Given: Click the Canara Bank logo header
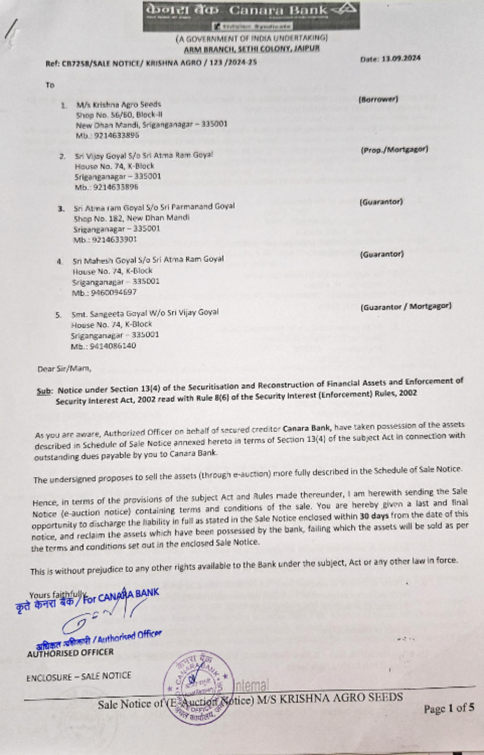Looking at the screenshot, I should click(x=251, y=15).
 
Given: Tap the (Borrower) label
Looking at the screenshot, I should click(x=378, y=99).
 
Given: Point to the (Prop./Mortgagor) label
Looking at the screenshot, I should click(x=394, y=150).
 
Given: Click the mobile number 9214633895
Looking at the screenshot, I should click(x=107, y=136).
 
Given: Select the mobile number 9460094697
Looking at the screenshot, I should click(x=105, y=293).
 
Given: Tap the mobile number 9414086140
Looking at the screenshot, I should click(x=104, y=346).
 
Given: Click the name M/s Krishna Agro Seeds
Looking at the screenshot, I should click(x=119, y=104).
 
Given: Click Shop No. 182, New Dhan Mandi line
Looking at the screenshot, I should click(x=132, y=218).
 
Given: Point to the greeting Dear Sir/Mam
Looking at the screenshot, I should click(x=64, y=369).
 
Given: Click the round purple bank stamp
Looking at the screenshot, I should click(x=197, y=685).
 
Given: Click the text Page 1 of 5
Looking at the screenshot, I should click(x=449, y=708).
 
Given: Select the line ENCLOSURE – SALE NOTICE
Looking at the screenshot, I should click(x=78, y=676).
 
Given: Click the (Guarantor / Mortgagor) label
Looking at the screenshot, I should click(x=406, y=306).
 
